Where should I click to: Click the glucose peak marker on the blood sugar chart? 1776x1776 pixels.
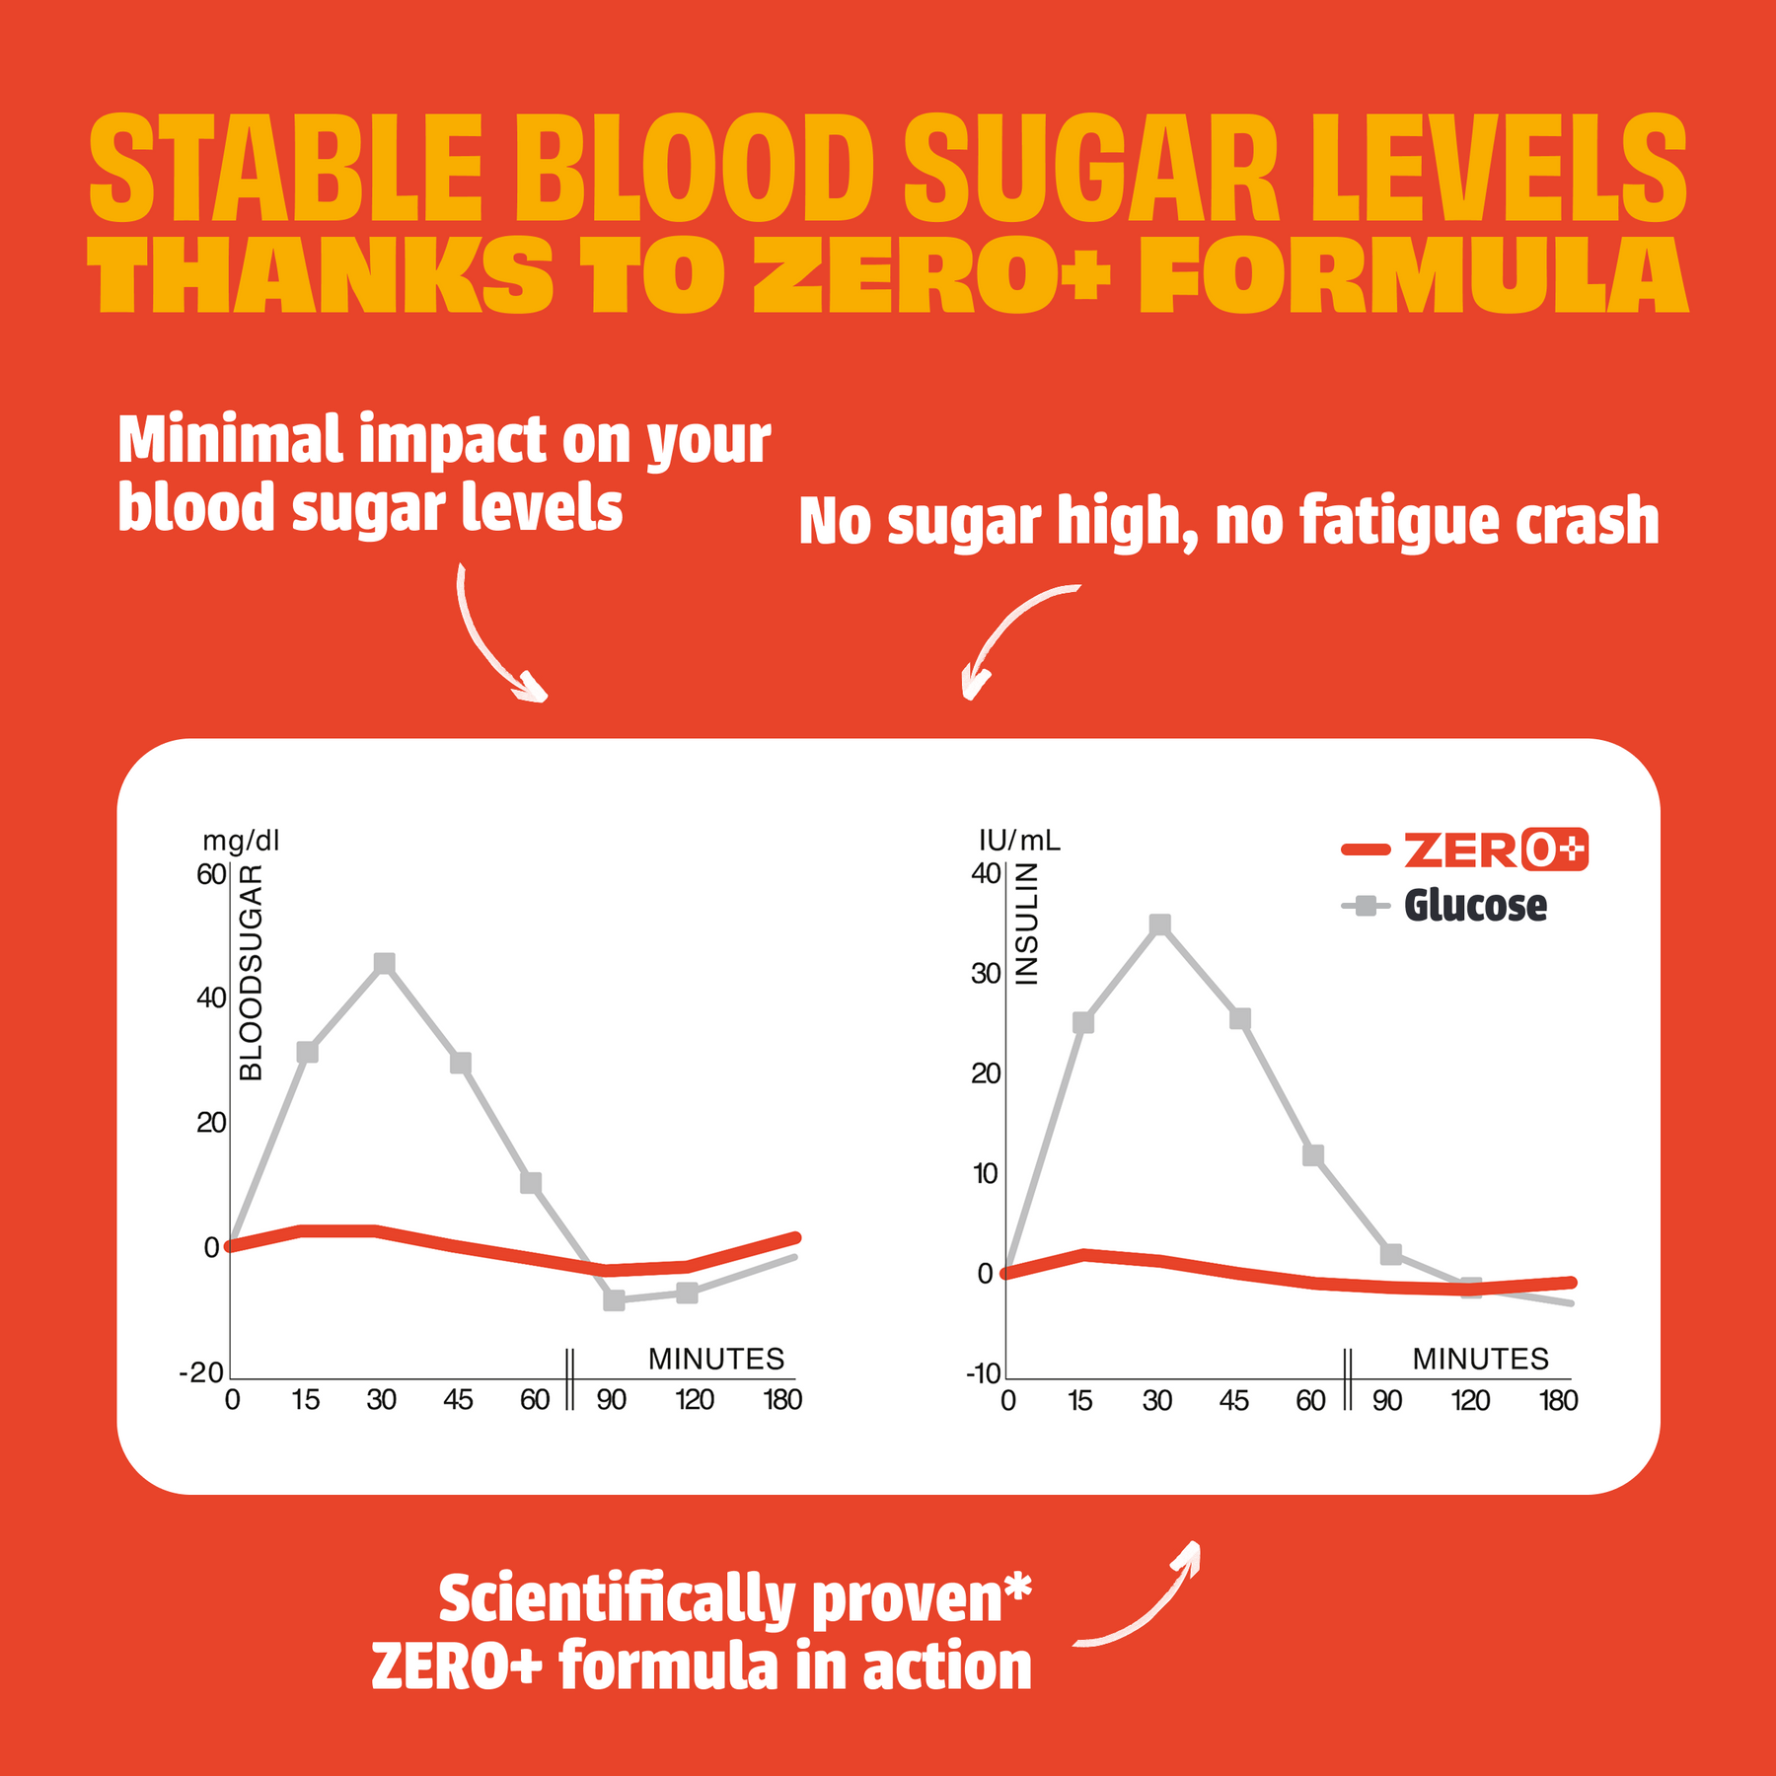[385, 963]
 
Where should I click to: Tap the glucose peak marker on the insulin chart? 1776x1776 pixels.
[1160, 925]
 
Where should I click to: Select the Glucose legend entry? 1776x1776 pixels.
[1444, 906]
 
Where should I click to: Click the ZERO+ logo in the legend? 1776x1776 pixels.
[1496, 850]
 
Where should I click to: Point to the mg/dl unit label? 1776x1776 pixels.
[242, 841]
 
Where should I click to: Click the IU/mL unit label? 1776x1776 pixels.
[1019, 841]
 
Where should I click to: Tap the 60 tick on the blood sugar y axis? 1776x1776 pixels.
[211, 874]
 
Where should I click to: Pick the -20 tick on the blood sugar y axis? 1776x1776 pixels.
[201, 1372]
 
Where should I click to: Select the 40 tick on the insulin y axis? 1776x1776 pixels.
[987, 873]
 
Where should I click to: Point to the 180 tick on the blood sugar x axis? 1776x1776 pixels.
[783, 1400]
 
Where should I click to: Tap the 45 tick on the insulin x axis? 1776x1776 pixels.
[1234, 1401]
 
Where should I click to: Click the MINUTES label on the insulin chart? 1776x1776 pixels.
[1481, 1359]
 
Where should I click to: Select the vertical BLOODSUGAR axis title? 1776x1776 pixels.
[252, 973]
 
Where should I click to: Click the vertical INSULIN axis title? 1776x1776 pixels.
[1027, 924]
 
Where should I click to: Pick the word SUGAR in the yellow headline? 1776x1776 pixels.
[1092, 168]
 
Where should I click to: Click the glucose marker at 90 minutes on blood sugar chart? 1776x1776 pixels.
[614, 1299]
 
